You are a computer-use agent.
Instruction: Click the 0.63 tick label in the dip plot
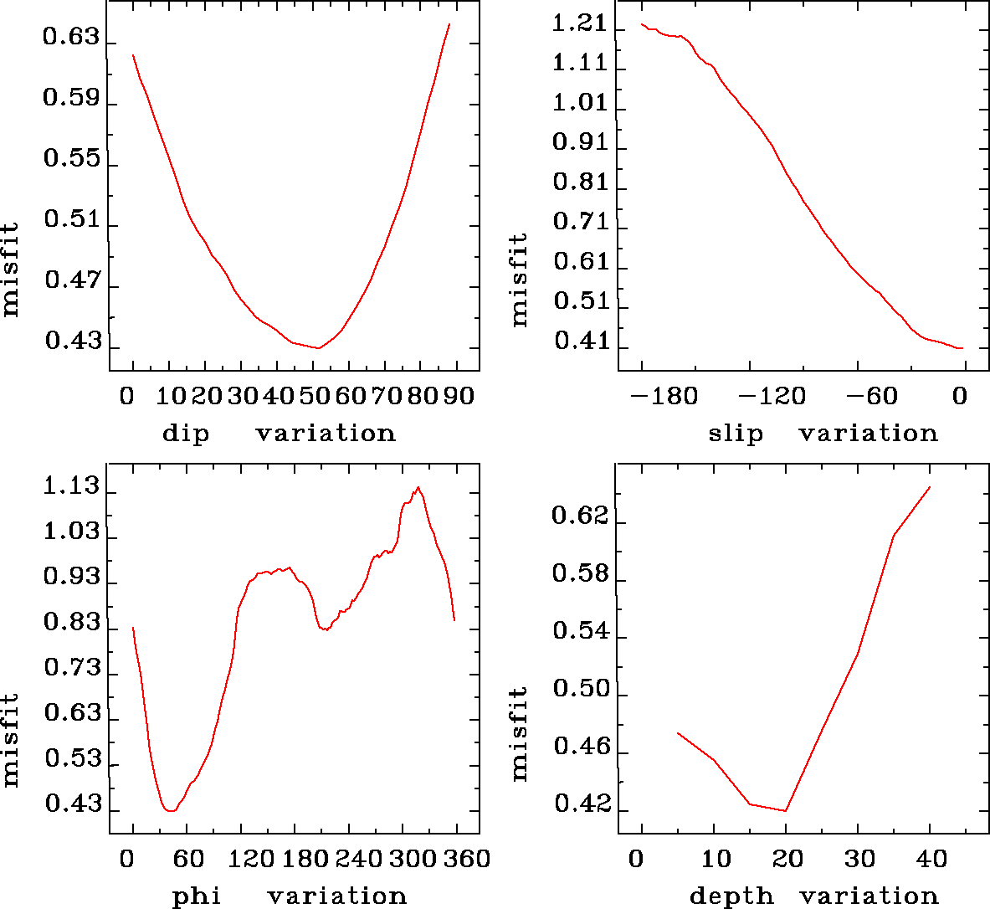70,39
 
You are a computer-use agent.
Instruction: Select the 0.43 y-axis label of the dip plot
73,342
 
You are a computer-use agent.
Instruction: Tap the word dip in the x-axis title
186,434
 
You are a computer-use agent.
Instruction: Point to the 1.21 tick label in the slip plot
579,23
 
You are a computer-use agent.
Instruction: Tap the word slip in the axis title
736,434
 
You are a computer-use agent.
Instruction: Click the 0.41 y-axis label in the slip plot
580,342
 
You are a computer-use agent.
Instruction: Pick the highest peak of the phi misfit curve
418,487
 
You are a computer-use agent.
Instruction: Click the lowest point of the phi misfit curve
170,810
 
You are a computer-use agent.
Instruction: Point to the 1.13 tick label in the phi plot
71,487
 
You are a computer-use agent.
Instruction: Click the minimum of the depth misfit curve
786,810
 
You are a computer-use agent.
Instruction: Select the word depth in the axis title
731,896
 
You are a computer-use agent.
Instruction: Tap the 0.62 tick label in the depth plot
580,516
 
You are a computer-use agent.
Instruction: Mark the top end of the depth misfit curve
930,486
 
